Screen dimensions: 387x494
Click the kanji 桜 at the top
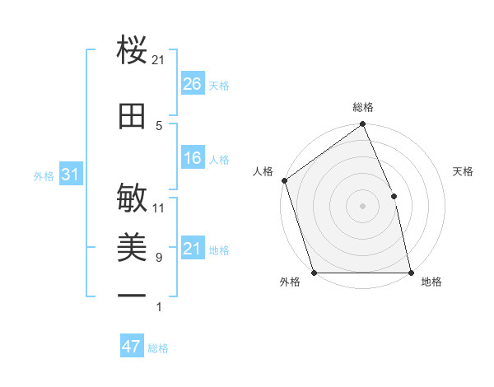pyautogui.click(x=132, y=50)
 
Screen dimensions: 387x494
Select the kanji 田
pyautogui.click(x=132, y=117)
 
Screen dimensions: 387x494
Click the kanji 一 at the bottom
pyautogui.click(x=132, y=294)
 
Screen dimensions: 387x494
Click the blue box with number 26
pyautogui.click(x=192, y=84)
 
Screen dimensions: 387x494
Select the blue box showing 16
pyautogui.click(x=192, y=158)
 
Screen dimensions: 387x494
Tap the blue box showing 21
pyautogui.click(x=192, y=249)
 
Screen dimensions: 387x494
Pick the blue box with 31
pyautogui.click(x=70, y=175)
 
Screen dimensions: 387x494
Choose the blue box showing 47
pyautogui.click(x=132, y=347)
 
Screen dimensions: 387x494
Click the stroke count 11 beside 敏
pyautogui.click(x=159, y=207)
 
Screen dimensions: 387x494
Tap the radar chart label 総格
pyautogui.click(x=363, y=107)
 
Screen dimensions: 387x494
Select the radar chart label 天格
pyautogui.click(x=464, y=171)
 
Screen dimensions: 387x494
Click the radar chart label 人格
pyautogui.click(x=263, y=171)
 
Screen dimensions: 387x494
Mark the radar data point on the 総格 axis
pyautogui.click(x=362, y=125)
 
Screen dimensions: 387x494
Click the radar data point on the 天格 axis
pyautogui.click(x=394, y=196)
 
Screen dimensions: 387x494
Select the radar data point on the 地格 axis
pyautogui.click(x=410, y=272)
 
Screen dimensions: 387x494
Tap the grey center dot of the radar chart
pyautogui.click(x=362, y=206)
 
